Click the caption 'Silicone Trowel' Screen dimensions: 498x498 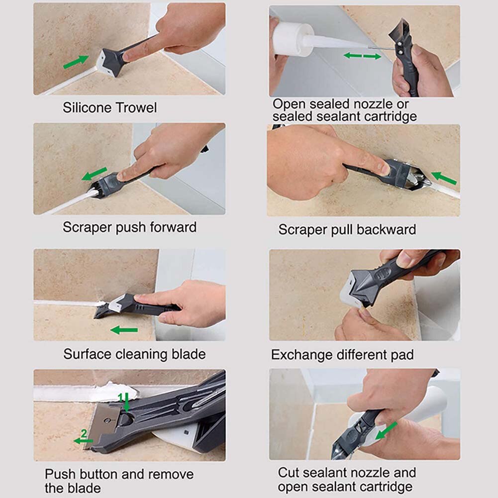(x=109, y=107)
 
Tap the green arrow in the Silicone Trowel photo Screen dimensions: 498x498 (x=76, y=62)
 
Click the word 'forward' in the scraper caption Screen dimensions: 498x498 (x=171, y=227)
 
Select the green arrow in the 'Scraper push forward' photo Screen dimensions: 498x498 (x=95, y=174)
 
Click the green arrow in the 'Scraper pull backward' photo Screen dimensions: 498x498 (x=444, y=178)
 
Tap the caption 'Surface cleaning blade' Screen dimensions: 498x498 (x=134, y=354)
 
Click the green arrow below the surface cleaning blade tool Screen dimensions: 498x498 (x=124, y=330)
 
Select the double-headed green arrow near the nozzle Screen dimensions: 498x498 (x=362, y=56)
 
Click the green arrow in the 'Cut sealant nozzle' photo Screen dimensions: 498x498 (x=387, y=431)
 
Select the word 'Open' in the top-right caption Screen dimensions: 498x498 (x=289, y=104)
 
